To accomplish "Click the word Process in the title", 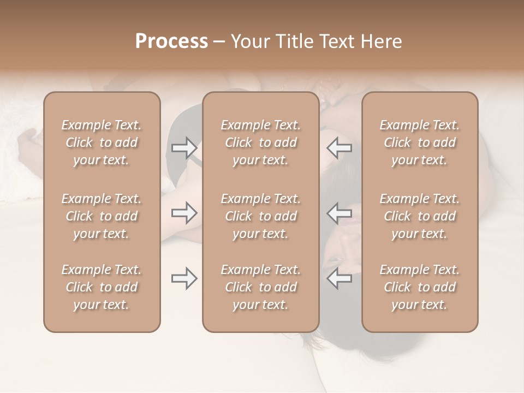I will [171, 41].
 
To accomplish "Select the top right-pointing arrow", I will [184, 147].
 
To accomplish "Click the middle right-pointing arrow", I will [184, 213].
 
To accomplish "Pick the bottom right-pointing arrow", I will [184, 278].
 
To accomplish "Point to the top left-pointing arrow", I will [340, 147].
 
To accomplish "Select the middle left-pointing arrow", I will [340, 213].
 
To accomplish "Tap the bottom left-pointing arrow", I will [340, 278].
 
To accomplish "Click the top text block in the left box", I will [102, 142].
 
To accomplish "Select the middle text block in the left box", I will [102, 216].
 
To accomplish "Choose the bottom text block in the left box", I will [102, 287].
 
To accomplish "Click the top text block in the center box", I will [261, 142].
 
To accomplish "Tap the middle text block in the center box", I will [261, 216].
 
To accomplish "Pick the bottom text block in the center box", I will [261, 287].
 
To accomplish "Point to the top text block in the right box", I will [420, 142].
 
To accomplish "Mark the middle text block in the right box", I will [420, 216].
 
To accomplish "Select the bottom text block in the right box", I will [420, 287].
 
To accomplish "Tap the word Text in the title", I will [336, 41].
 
